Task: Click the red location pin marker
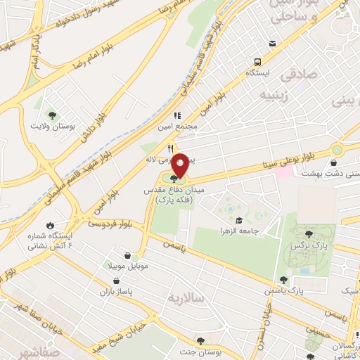180,165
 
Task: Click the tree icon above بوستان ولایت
52,115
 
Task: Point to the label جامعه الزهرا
261,212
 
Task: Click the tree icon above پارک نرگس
310,233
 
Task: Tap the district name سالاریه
185,298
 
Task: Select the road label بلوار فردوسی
112,224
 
